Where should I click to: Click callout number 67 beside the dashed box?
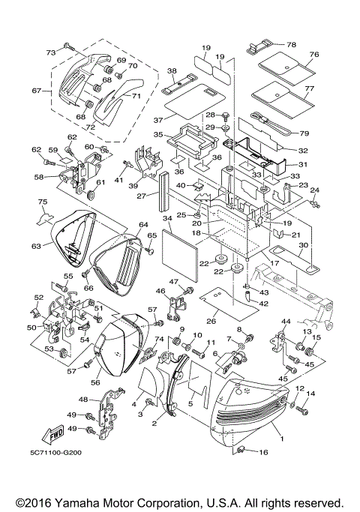35,91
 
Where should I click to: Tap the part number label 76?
314,55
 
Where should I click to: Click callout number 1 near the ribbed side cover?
282,434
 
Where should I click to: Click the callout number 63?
35,244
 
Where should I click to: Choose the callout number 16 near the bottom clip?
263,454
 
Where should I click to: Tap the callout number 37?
158,119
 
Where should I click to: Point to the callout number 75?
43,202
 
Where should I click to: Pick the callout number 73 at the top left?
51,52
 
